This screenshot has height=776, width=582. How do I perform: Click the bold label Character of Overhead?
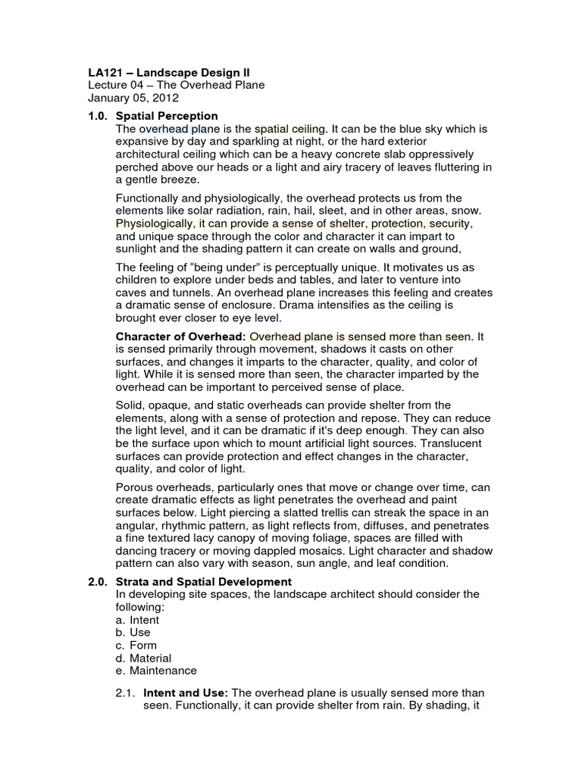click(180, 336)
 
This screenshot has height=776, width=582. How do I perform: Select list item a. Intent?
click(137, 620)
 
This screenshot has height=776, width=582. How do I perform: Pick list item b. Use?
click(133, 632)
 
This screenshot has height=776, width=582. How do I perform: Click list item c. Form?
click(136, 645)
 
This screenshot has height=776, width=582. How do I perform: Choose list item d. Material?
click(143, 658)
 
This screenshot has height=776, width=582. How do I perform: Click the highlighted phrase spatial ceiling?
click(289, 129)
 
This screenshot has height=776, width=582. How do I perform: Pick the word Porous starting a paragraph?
click(135, 488)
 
